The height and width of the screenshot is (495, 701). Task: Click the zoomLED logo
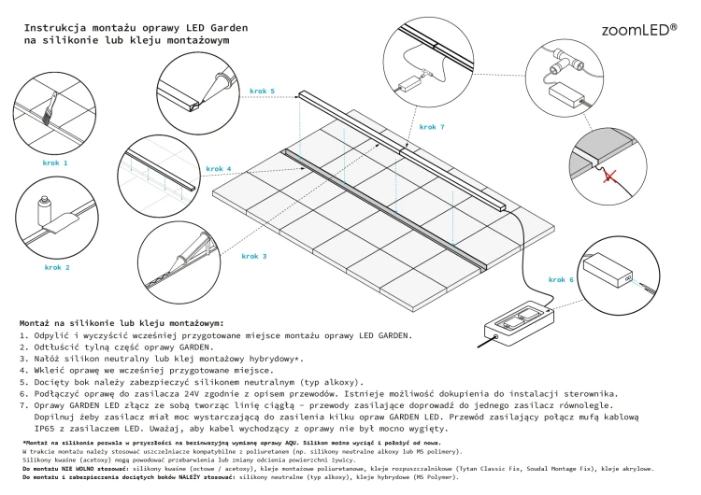point(639,31)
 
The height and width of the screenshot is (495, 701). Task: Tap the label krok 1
point(55,163)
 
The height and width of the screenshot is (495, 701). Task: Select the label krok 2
point(57,268)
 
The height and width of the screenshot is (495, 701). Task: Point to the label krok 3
point(254,257)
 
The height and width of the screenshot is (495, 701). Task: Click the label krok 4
point(219,169)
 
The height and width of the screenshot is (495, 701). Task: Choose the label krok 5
point(263,92)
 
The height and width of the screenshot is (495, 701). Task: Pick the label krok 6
point(561,279)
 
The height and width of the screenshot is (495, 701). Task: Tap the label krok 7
point(432,127)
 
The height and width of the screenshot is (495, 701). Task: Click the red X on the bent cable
point(609,176)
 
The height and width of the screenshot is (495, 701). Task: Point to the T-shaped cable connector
point(567,62)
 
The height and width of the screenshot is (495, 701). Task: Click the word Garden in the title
point(229,28)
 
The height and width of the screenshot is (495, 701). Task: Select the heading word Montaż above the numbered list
point(35,323)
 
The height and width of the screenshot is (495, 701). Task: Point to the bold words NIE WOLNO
point(75,469)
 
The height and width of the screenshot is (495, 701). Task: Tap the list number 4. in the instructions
point(24,371)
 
